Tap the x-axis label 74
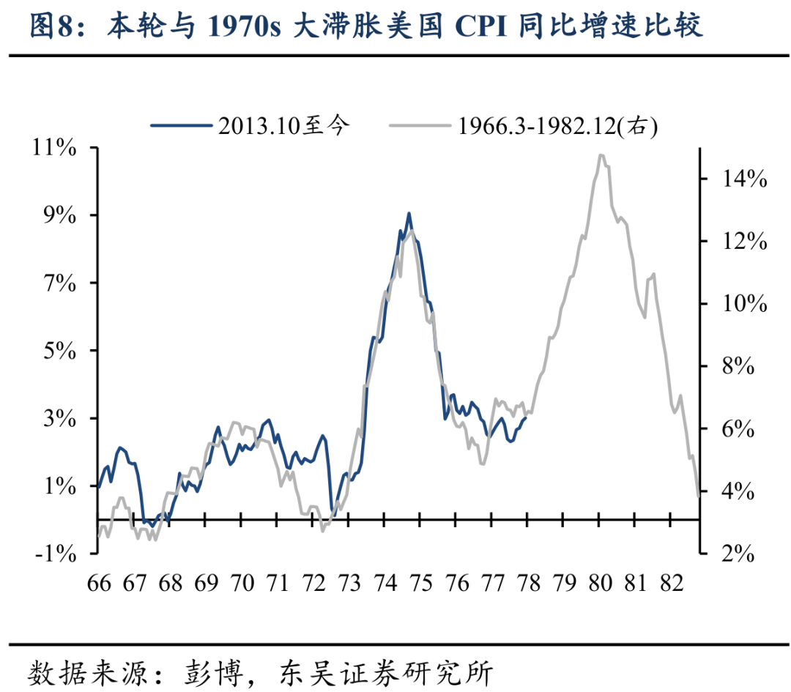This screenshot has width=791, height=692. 385,584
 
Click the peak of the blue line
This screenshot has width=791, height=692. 409,213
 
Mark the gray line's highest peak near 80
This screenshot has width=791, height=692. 601,155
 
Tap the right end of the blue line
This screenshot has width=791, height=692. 527,417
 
